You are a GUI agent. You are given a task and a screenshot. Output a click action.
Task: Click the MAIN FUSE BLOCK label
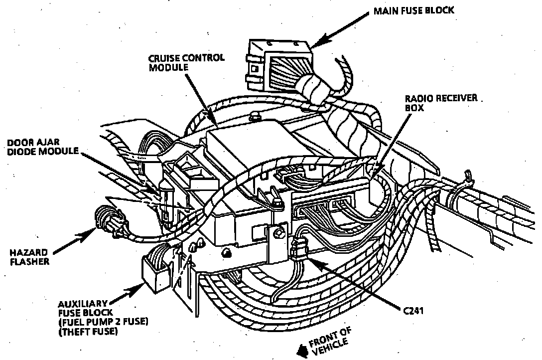coord(414,10)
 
